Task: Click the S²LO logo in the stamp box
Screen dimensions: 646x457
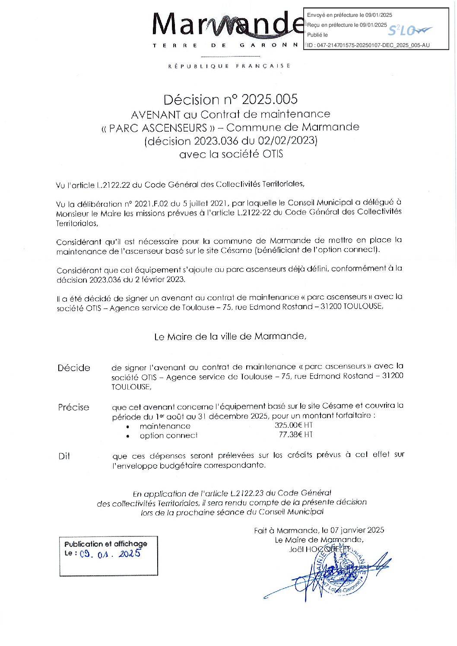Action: [409, 31]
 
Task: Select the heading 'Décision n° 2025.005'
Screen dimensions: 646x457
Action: [230, 100]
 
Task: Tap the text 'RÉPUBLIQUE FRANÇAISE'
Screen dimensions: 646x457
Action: [229, 66]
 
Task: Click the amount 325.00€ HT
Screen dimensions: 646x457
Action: [293, 425]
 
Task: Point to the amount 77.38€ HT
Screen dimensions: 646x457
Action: [295, 435]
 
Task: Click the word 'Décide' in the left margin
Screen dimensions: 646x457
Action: [74, 368]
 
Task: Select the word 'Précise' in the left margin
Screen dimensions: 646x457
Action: [74, 407]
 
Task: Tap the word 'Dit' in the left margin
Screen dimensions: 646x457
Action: [64, 456]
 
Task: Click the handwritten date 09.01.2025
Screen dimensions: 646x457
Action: [111, 554]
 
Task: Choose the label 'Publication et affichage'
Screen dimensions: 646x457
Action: [106, 544]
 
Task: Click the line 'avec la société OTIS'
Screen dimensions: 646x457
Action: [231, 154]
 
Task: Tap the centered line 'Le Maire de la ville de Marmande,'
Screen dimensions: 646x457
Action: [230, 336]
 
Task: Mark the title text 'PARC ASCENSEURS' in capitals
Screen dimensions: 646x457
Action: [158, 128]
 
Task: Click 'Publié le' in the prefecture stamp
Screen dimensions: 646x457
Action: [317, 35]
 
